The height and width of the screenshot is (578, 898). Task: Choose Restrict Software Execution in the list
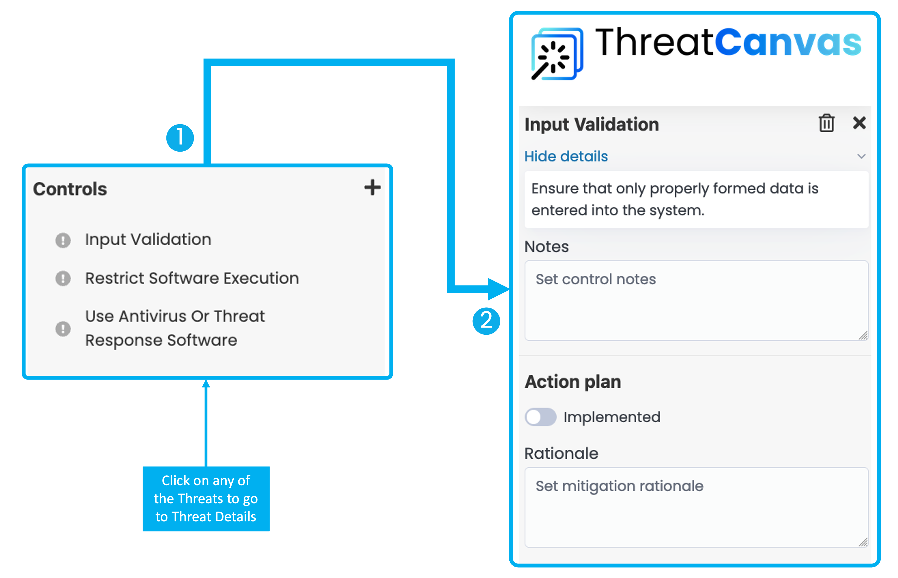pos(192,278)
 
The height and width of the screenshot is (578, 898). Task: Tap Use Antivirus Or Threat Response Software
pos(175,328)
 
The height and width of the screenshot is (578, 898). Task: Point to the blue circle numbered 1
pos(180,138)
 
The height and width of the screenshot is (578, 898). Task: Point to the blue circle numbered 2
pos(486,321)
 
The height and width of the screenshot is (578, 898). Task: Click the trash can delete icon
pos(826,123)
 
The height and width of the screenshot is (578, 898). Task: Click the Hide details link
pos(566,156)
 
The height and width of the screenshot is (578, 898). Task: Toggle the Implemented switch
pos(540,417)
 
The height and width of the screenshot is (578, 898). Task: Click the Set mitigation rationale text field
pos(696,507)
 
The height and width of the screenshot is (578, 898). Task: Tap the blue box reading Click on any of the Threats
pos(206,499)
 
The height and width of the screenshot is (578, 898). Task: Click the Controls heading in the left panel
pos(70,189)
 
